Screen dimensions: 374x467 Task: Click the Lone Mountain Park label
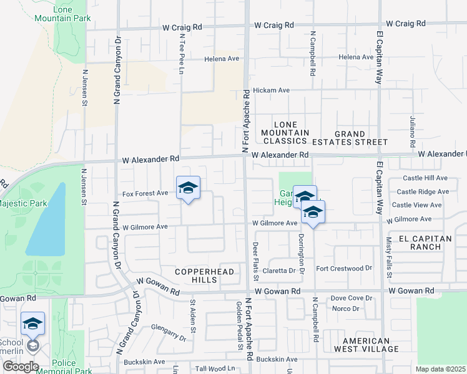[72, 14]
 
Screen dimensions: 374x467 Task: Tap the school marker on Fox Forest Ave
[188, 188]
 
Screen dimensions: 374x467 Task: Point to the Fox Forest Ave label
[145, 193]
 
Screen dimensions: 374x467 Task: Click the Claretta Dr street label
[278, 271]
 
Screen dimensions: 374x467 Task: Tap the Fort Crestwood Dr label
[343, 269]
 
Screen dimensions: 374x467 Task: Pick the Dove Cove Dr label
[351, 298]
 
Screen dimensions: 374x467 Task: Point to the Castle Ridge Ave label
[422, 192]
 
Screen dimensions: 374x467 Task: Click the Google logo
[21, 367]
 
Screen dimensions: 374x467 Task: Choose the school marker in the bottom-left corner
[32, 324]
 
